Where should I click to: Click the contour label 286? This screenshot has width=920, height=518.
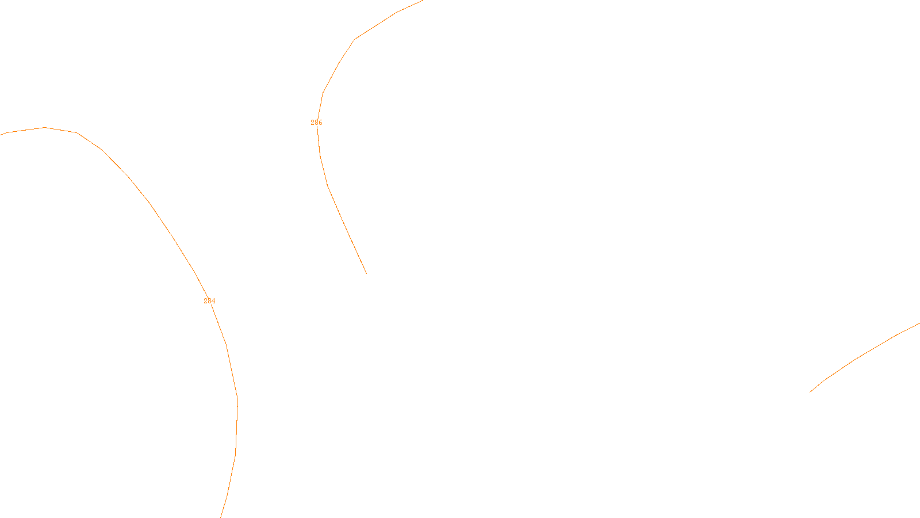click(x=316, y=123)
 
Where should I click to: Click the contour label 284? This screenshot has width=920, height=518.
click(x=209, y=301)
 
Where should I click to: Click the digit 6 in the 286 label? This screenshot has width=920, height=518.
click(x=320, y=123)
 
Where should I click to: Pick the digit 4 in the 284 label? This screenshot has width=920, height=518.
click(x=213, y=301)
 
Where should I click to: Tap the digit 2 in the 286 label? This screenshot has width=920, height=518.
click(x=312, y=123)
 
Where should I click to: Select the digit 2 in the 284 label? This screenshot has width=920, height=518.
click(x=205, y=301)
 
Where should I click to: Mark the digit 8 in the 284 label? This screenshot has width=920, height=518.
click(x=209, y=301)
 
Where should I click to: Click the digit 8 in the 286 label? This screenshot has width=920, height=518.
click(x=316, y=123)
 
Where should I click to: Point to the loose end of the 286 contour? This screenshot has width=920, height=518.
click(x=366, y=273)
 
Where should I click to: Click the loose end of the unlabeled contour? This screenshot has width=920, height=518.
click(x=810, y=392)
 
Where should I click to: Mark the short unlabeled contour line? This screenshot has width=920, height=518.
click(x=857, y=359)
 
